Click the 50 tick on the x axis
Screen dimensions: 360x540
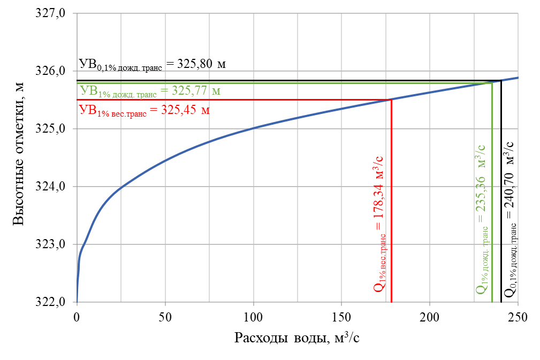165,318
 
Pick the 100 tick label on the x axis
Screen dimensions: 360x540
253,318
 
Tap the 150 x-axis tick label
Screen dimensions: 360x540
341,318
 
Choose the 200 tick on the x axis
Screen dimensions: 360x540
430,318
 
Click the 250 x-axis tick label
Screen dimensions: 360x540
518,318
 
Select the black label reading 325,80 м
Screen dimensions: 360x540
153,64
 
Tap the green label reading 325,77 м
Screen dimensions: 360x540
149,91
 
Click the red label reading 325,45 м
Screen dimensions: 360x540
144,111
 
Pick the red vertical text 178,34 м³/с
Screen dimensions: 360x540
379,222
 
